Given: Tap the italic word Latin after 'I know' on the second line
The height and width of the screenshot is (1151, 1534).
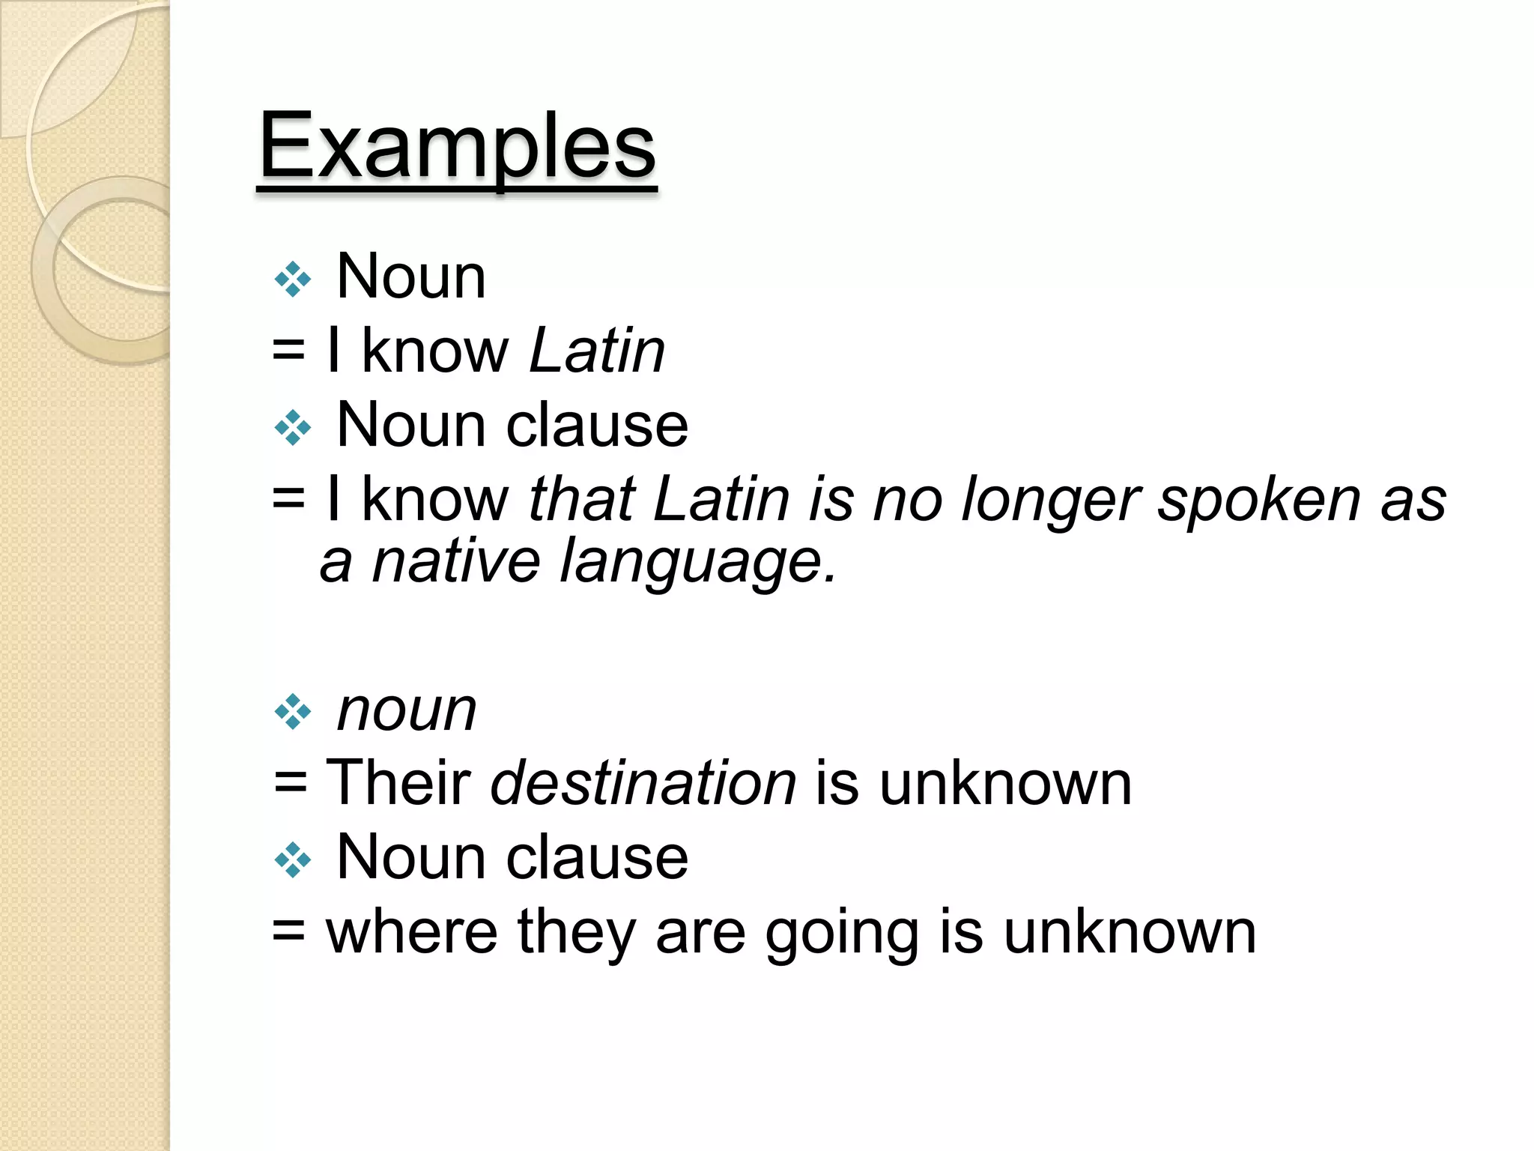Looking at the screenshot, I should pos(597,351).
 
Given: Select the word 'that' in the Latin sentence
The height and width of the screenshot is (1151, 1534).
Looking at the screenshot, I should pos(582,499).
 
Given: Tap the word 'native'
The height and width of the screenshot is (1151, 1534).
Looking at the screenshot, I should pos(455,561).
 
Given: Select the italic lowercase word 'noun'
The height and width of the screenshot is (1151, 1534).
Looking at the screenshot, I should pos(407,710).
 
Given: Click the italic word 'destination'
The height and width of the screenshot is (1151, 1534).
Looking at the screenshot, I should pos(643,783).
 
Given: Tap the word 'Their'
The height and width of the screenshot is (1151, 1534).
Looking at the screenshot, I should pos(398,783).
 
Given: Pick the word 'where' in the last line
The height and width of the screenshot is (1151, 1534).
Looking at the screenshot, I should pos(411,932).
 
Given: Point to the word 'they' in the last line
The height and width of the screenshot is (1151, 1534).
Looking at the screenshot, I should pos(577,934).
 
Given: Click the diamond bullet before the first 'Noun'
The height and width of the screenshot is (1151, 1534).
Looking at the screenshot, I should pos(292,280).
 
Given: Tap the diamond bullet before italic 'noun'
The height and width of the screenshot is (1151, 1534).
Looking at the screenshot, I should pos(292,712).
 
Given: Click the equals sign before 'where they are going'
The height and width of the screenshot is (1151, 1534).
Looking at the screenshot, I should pos(289,933).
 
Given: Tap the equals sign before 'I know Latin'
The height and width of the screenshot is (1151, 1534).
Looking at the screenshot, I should pos(289,351).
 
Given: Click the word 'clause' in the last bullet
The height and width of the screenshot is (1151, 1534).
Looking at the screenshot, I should pos(597,857).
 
